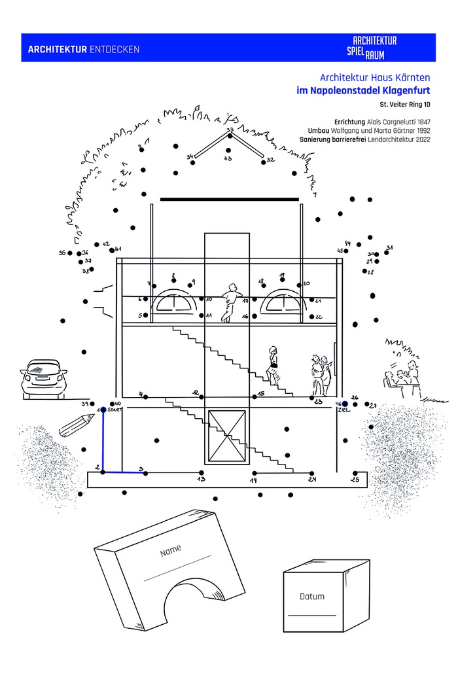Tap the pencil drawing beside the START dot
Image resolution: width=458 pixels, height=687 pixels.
click(77, 426)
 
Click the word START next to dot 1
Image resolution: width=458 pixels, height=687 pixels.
click(115, 410)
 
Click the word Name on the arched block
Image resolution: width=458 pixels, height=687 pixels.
click(171, 551)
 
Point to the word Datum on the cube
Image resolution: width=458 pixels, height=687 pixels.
click(311, 597)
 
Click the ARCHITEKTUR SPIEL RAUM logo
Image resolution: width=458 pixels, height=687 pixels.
click(375, 47)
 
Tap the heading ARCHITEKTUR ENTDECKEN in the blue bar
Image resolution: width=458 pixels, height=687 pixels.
click(84, 49)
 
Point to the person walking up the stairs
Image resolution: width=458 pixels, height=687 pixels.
click(272, 364)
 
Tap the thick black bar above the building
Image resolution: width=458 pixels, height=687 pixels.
click(229, 198)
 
